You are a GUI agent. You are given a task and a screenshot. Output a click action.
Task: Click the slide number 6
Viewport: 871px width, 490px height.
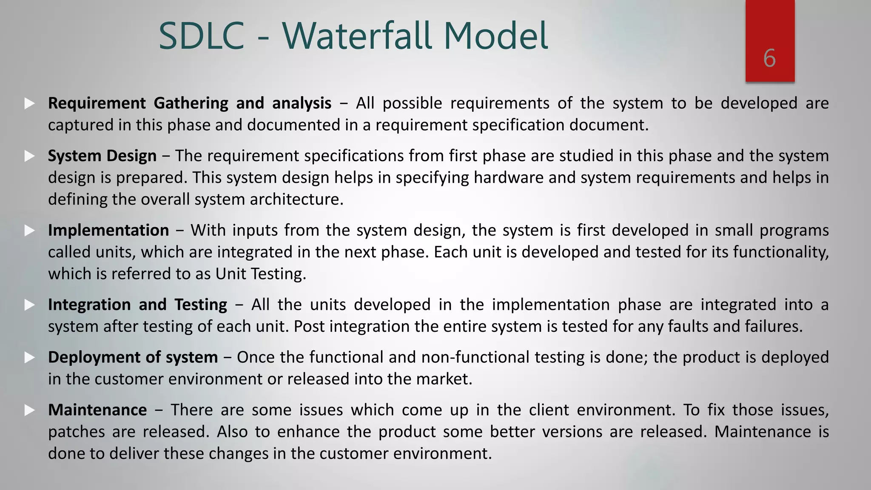pos(769,58)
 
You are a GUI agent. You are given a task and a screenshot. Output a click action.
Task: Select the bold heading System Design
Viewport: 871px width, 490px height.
pos(102,156)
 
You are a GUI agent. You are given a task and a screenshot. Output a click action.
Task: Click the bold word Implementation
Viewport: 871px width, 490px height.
pos(108,230)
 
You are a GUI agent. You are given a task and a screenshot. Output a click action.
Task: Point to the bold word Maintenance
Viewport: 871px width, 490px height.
pos(97,410)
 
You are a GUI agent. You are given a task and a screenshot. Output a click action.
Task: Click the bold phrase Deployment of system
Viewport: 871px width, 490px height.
pos(133,357)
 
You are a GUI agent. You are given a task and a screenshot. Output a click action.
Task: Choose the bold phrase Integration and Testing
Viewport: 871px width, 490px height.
pos(137,305)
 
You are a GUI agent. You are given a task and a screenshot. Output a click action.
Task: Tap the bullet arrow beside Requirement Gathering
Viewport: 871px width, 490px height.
pos(29,103)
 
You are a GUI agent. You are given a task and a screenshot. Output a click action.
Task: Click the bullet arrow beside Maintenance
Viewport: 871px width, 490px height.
pos(29,410)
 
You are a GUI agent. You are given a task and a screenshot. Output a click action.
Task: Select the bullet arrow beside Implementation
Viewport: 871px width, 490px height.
pos(29,231)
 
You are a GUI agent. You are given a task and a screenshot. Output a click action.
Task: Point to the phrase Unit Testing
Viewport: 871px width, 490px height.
pos(260,273)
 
